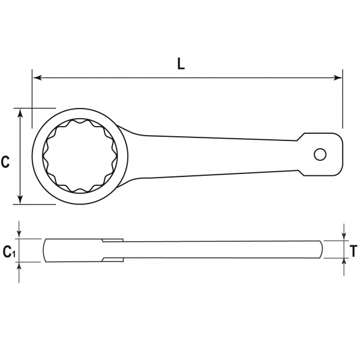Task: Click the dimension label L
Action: (181, 64)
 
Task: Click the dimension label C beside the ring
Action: (5, 161)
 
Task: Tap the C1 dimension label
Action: (9, 251)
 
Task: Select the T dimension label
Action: (353, 251)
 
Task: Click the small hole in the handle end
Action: (320, 155)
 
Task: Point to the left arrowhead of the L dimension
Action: (37, 77)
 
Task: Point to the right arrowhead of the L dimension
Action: (338, 77)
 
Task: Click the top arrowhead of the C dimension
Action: (20, 113)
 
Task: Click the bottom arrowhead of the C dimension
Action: (20, 199)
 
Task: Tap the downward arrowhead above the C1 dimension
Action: (19, 235)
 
